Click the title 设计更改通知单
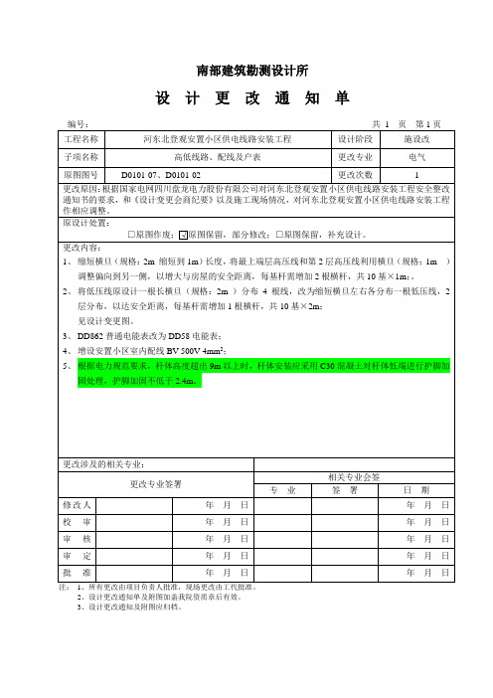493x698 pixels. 246,99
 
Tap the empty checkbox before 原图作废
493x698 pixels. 132,235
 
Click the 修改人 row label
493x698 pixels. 81,506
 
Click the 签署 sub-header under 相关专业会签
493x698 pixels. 344,490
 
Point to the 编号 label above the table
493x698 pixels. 79,122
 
